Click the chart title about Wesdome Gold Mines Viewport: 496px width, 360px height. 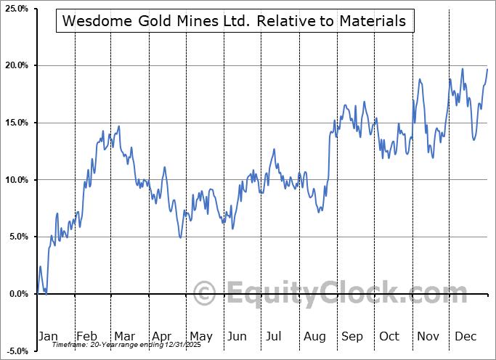[235, 21]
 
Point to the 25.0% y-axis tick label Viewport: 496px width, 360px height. [16, 9]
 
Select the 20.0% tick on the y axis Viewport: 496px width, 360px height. [16, 66]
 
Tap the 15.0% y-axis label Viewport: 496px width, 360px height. [16, 123]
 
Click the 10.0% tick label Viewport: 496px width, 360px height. [16, 180]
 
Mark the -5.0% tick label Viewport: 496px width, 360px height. [16, 351]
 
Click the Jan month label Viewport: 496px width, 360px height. [47, 336]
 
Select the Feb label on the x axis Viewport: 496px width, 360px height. [86, 336]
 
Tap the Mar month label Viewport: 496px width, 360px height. [124, 336]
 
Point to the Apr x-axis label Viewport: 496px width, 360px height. [162, 336]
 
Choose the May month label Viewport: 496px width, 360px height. [200, 336]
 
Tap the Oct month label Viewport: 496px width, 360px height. [389, 336]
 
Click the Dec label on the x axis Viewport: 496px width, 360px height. [465, 336]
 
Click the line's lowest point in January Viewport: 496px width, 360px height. [46, 294]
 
